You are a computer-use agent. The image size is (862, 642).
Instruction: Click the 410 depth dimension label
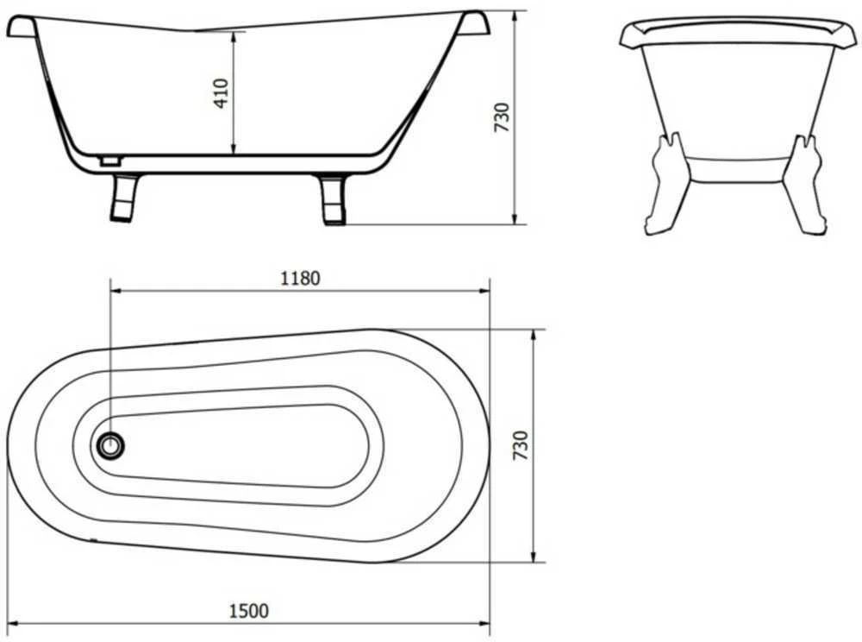pyautogui.click(x=221, y=93)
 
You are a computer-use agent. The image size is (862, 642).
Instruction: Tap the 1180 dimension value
pyautogui.click(x=300, y=279)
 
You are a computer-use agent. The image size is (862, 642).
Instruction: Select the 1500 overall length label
pyautogui.click(x=249, y=611)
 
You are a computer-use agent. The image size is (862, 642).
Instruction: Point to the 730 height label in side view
pyautogui.click(x=503, y=116)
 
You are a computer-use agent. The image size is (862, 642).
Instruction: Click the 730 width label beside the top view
pyautogui.click(x=520, y=445)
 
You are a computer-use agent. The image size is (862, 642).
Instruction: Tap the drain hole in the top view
pyautogui.click(x=110, y=444)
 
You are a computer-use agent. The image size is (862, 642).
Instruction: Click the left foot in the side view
pyautogui.click(x=124, y=198)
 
